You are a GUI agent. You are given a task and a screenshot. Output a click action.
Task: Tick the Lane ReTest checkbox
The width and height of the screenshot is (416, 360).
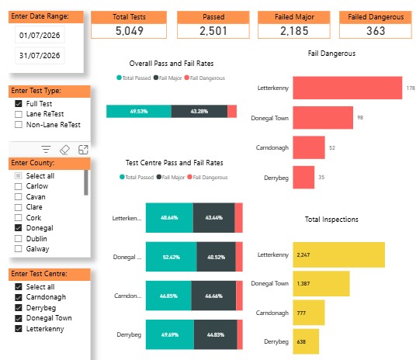(x=19, y=114)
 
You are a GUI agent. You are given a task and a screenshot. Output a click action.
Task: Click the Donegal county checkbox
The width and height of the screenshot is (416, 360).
(x=19, y=228)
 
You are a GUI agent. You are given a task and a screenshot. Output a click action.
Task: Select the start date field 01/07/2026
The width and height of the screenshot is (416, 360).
(x=40, y=35)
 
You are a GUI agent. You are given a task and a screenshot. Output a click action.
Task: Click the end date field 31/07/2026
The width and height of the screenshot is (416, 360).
(x=40, y=55)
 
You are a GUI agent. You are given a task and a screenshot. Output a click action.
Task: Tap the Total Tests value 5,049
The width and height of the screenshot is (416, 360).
(x=129, y=31)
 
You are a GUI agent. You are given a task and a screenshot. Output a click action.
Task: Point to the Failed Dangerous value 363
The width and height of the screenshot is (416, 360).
(x=376, y=31)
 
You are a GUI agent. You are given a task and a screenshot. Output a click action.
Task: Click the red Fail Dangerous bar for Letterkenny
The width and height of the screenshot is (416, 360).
(x=347, y=88)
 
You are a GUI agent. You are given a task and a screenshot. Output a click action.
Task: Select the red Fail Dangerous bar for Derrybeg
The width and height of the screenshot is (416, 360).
(x=303, y=177)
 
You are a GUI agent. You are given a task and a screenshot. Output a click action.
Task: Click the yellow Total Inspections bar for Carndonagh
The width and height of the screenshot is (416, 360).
(x=309, y=313)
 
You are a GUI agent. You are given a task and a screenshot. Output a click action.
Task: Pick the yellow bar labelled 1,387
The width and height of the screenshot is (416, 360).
(x=321, y=283)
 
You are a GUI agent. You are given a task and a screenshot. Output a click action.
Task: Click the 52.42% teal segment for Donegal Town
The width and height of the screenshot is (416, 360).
(x=172, y=257)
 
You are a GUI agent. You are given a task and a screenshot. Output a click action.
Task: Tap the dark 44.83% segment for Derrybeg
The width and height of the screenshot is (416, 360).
(x=216, y=334)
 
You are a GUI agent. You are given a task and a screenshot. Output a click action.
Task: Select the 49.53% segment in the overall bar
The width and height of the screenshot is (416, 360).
(x=139, y=111)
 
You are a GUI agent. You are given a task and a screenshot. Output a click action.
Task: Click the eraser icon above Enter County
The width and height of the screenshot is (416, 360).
(x=64, y=150)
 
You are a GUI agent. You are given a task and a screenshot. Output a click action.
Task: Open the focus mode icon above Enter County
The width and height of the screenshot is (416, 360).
(x=83, y=150)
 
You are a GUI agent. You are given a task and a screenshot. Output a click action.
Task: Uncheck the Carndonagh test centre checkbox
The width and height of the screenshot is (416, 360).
(x=19, y=297)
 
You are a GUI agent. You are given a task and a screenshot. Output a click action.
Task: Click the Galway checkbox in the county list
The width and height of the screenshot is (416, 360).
(x=19, y=249)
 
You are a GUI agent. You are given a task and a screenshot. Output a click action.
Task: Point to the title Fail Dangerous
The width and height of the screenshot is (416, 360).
(x=331, y=54)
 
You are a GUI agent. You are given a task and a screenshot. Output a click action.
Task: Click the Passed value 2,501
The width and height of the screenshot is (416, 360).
(x=213, y=31)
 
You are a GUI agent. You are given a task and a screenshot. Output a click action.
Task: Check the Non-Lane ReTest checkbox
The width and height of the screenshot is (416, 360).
(x=19, y=125)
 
